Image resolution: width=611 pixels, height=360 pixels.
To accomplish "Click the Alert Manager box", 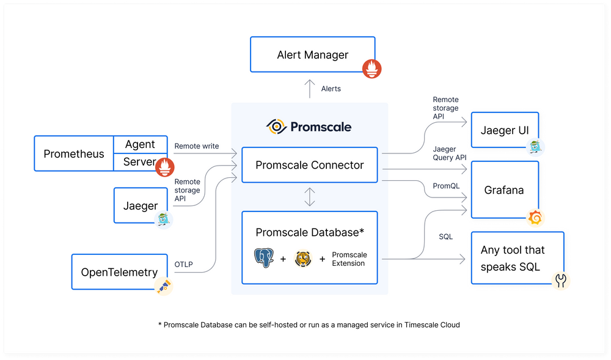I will pyautogui.click(x=312, y=55).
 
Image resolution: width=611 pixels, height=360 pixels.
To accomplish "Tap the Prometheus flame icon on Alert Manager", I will pyautogui.click(x=371, y=69).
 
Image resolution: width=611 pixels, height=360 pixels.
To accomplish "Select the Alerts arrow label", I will pyautogui.click(x=331, y=89).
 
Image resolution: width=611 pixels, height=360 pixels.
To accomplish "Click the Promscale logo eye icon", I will pyautogui.click(x=277, y=127).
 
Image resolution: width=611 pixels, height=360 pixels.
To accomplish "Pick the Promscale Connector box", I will pyautogui.click(x=309, y=165).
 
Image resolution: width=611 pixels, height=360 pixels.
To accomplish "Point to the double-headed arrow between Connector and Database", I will pyautogui.click(x=310, y=197).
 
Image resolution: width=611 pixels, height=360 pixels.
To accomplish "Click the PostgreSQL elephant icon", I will pyautogui.click(x=264, y=259).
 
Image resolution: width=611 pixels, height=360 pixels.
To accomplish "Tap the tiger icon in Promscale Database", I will pyautogui.click(x=302, y=259).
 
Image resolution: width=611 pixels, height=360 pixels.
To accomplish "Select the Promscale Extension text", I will pyautogui.click(x=349, y=259).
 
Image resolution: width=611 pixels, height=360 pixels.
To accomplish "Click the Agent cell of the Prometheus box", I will pyautogui.click(x=140, y=144).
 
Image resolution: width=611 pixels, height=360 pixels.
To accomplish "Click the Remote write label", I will pyautogui.click(x=196, y=146).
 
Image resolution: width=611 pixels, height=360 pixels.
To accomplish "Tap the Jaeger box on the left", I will pyautogui.click(x=141, y=206).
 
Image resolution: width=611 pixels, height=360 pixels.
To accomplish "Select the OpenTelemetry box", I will pyautogui.click(x=119, y=272).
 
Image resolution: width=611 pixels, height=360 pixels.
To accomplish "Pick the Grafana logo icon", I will pyautogui.click(x=536, y=217).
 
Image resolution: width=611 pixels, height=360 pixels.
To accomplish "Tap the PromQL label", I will pyautogui.click(x=445, y=185).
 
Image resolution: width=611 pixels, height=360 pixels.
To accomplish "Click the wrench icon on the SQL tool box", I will pyautogui.click(x=561, y=281).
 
